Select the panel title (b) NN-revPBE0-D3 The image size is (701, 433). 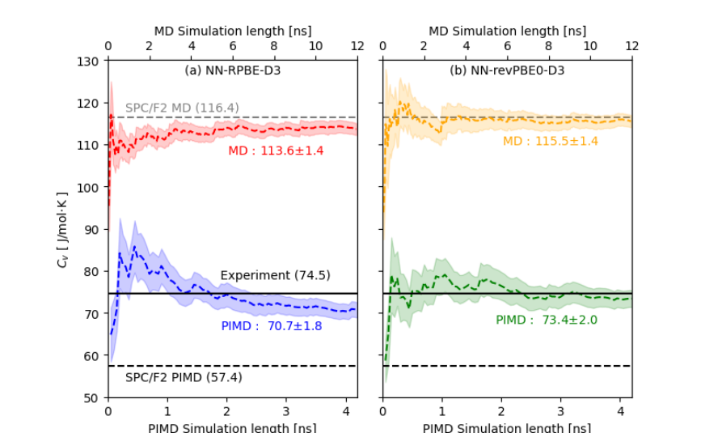point(507,70)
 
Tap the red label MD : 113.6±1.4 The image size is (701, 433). point(276,151)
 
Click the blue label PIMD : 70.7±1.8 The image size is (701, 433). point(271,326)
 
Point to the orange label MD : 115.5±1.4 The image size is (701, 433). point(550,141)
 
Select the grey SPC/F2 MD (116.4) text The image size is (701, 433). point(182,108)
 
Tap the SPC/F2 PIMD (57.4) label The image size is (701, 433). point(184,377)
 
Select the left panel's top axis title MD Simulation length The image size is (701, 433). point(232,31)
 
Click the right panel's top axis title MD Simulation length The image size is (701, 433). point(507,31)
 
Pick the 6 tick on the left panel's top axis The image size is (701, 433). point(232,46)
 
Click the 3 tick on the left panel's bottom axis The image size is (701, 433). point(285,411)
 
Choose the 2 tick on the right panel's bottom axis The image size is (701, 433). point(501,411)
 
